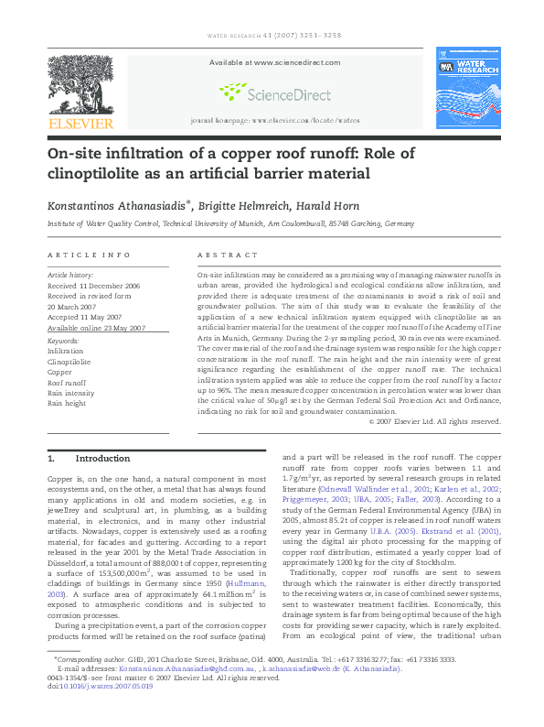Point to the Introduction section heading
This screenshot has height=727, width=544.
[102, 458]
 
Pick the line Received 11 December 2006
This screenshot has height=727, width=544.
[93, 286]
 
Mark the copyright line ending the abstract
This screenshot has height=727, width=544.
[434, 421]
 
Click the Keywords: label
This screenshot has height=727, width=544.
[63, 341]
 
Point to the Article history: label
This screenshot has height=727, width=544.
[69, 275]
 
